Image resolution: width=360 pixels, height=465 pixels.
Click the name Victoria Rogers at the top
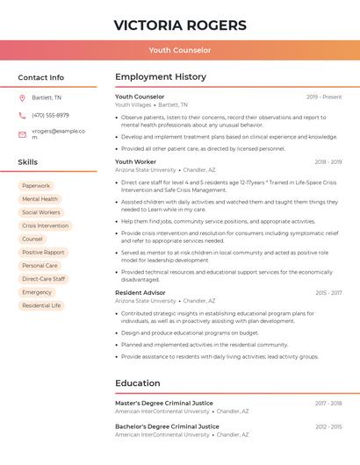click(180, 25)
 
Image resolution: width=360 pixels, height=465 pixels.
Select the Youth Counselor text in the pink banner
click(180, 51)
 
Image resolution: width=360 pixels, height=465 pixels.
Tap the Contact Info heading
click(41, 77)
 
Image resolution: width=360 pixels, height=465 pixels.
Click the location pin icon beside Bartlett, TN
click(22, 97)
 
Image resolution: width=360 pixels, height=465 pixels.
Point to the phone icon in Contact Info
click(22, 115)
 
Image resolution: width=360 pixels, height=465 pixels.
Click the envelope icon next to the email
click(22, 134)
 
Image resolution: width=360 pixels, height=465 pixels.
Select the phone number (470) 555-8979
click(50, 115)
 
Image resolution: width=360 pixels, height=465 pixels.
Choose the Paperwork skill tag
click(36, 186)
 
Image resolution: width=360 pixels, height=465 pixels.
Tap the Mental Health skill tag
click(40, 199)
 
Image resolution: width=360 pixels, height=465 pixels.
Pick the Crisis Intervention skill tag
click(45, 225)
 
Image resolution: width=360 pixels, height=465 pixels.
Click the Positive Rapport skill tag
click(43, 252)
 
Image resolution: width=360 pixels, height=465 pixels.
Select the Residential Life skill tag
click(41, 305)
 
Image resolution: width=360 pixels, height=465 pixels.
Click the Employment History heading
click(161, 77)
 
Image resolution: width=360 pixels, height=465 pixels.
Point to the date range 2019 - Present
click(324, 97)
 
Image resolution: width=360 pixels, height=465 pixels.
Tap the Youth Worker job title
click(135, 162)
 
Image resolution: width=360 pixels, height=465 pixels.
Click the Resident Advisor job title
click(140, 292)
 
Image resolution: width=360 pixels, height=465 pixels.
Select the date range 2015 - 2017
click(328, 292)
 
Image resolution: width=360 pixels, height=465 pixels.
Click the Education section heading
click(138, 383)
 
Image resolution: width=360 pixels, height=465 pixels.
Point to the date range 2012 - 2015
click(328, 426)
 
